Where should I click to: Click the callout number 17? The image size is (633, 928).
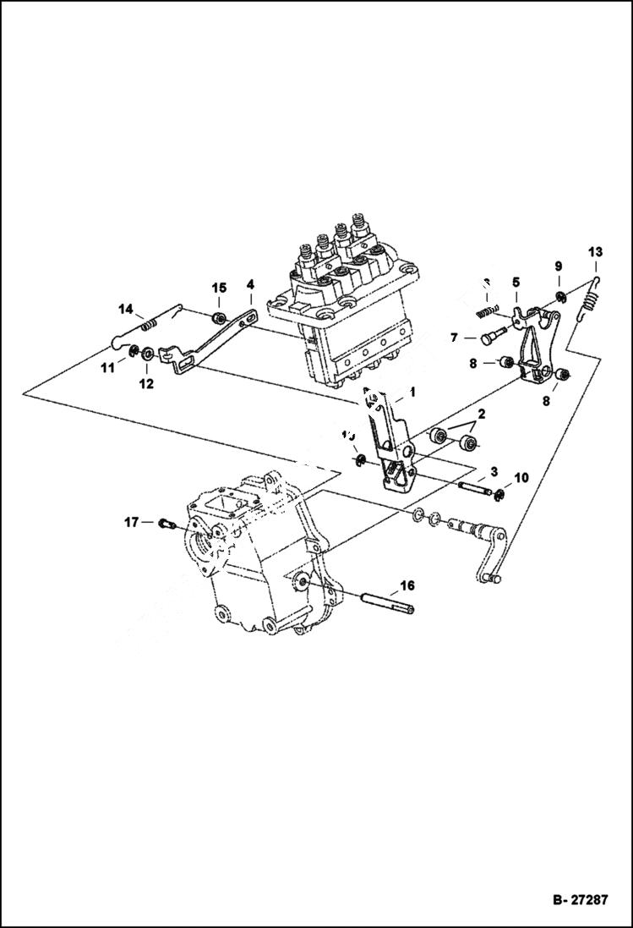click(x=131, y=523)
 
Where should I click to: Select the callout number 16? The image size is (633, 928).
click(x=407, y=585)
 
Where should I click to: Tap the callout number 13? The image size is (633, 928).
click(x=595, y=252)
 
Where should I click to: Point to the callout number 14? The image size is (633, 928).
click(x=126, y=308)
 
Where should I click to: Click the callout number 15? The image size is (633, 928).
click(x=219, y=288)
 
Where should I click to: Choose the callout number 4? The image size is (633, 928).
click(x=250, y=286)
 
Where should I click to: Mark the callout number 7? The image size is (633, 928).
click(x=453, y=338)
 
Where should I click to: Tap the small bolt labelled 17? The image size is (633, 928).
click(x=164, y=524)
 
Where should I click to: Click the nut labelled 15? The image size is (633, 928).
click(x=219, y=318)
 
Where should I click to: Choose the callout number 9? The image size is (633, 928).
click(x=558, y=266)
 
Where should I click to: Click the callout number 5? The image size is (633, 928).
click(x=516, y=281)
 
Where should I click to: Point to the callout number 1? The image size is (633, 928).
click(x=412, y=392)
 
